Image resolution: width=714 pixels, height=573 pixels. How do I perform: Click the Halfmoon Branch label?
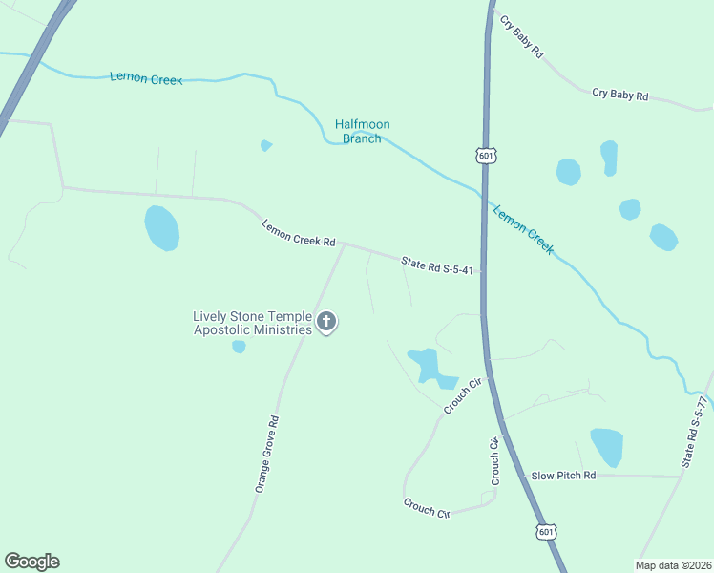362,131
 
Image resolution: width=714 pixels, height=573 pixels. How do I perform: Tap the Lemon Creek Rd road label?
299,234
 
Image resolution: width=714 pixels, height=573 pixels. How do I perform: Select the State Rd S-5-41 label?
437,265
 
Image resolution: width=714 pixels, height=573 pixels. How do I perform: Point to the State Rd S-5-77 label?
695,434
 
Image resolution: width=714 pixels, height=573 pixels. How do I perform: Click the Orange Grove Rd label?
266,454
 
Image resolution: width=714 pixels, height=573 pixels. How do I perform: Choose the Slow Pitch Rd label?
563,475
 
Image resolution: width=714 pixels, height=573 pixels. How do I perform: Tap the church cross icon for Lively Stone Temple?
326,322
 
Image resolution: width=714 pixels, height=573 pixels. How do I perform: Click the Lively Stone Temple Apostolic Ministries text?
252,323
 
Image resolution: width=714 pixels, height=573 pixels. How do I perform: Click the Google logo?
31,562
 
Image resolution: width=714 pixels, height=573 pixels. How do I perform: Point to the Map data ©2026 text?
673,565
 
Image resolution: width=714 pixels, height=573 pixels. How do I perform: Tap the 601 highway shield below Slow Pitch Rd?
545,531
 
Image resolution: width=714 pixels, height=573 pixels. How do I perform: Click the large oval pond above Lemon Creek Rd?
162,228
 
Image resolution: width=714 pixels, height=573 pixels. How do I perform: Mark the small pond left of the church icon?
239,347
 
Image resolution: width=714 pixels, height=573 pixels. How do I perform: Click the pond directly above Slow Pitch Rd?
607,446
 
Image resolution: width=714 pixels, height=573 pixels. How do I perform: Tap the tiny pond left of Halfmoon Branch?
266,146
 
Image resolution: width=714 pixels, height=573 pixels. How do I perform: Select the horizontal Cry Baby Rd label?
619,95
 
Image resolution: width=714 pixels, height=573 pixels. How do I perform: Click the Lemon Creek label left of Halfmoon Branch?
146,78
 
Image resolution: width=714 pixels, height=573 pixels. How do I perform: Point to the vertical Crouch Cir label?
495,460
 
